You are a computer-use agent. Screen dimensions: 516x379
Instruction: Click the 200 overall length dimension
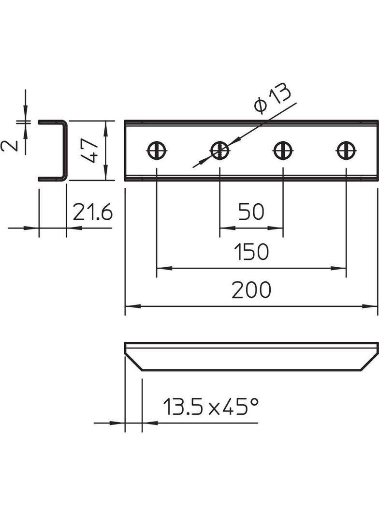(251, 290)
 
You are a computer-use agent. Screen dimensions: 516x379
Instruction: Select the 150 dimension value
(251, 252)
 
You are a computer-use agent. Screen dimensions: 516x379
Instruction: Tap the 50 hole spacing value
(251, 212)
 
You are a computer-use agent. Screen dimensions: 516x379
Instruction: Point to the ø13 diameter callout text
(273, 99)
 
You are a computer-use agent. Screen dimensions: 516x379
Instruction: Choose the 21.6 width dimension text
(92, 212)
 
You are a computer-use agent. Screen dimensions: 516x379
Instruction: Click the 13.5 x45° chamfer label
(210, 408)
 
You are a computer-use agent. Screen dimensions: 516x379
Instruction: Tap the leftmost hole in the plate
(157, 151)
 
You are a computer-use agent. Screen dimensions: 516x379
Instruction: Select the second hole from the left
(219, 151)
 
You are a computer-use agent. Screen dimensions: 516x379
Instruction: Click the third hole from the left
(283, 151)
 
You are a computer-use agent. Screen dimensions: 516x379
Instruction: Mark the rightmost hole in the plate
(346, 151)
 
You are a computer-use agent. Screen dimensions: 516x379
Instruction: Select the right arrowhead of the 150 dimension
(341, 268)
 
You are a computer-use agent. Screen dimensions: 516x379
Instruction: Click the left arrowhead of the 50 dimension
(224, 228)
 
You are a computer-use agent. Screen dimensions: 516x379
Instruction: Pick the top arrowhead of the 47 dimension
(105, 124)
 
